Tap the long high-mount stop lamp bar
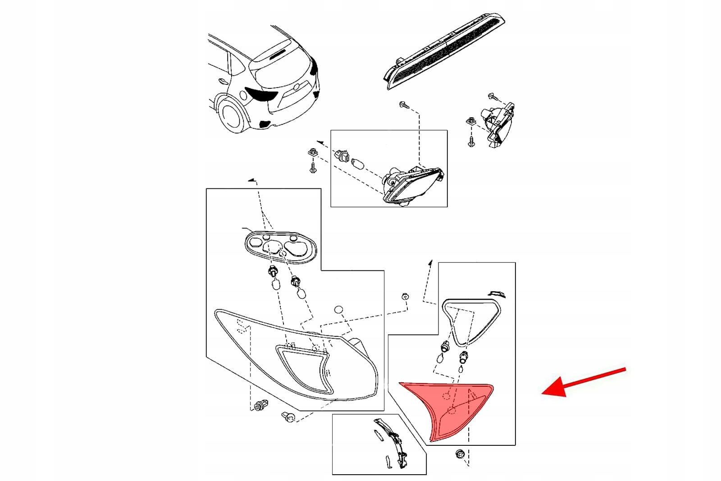(444, 50)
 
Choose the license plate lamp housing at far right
(498, 124)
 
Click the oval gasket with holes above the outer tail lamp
(279, 247)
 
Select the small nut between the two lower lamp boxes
(405, 297)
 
